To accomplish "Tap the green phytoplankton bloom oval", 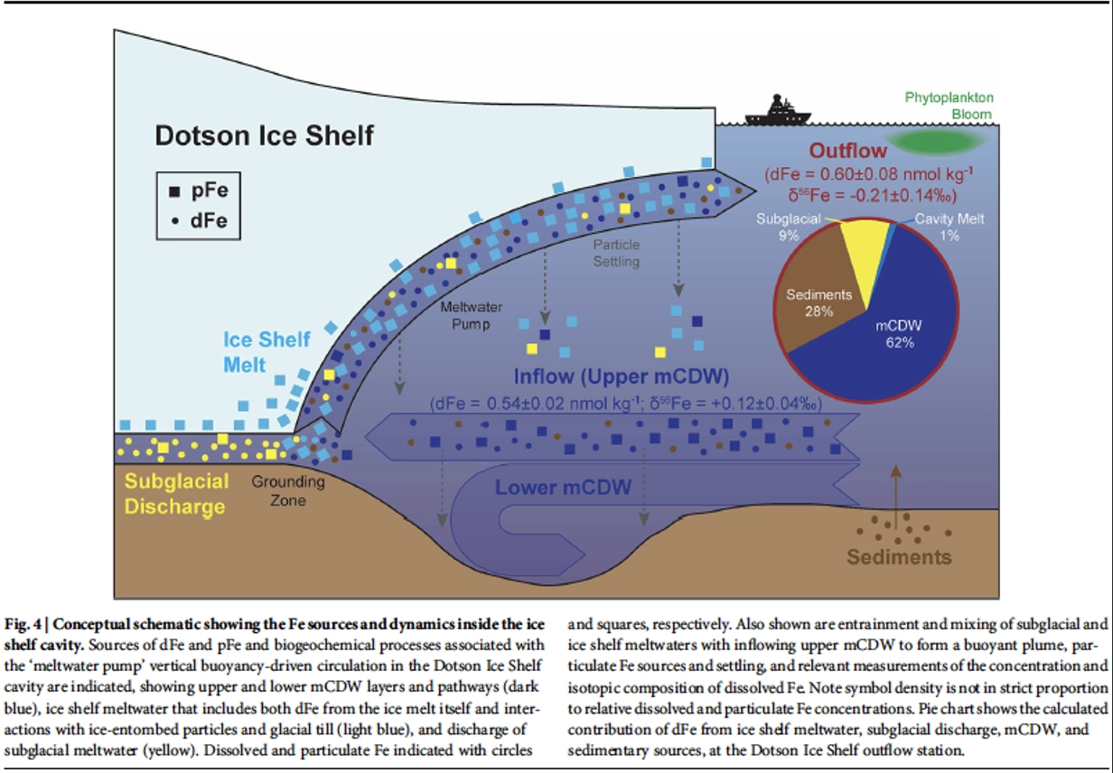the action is click(937, 142).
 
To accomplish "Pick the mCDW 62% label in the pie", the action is click(899, 334).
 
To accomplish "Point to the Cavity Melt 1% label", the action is click(949, 227).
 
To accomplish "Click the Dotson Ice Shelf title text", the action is click(265, 135).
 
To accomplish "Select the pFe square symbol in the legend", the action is click(174, 191).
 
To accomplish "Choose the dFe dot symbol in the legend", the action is click(175, 221).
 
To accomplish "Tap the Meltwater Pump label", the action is click(471, 315).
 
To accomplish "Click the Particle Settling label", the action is click(617, 253).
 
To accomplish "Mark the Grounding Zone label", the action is click(288, 490).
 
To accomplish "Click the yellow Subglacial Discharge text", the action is click(176, 494).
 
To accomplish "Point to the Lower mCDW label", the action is click(563, 488).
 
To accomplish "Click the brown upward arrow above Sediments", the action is click(896, 497).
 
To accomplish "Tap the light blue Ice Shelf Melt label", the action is click(267, 351).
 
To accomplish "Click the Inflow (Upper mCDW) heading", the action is click(622, 377).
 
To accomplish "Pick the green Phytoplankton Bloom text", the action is click(949, 106).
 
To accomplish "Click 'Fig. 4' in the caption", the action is click(23, 624).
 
